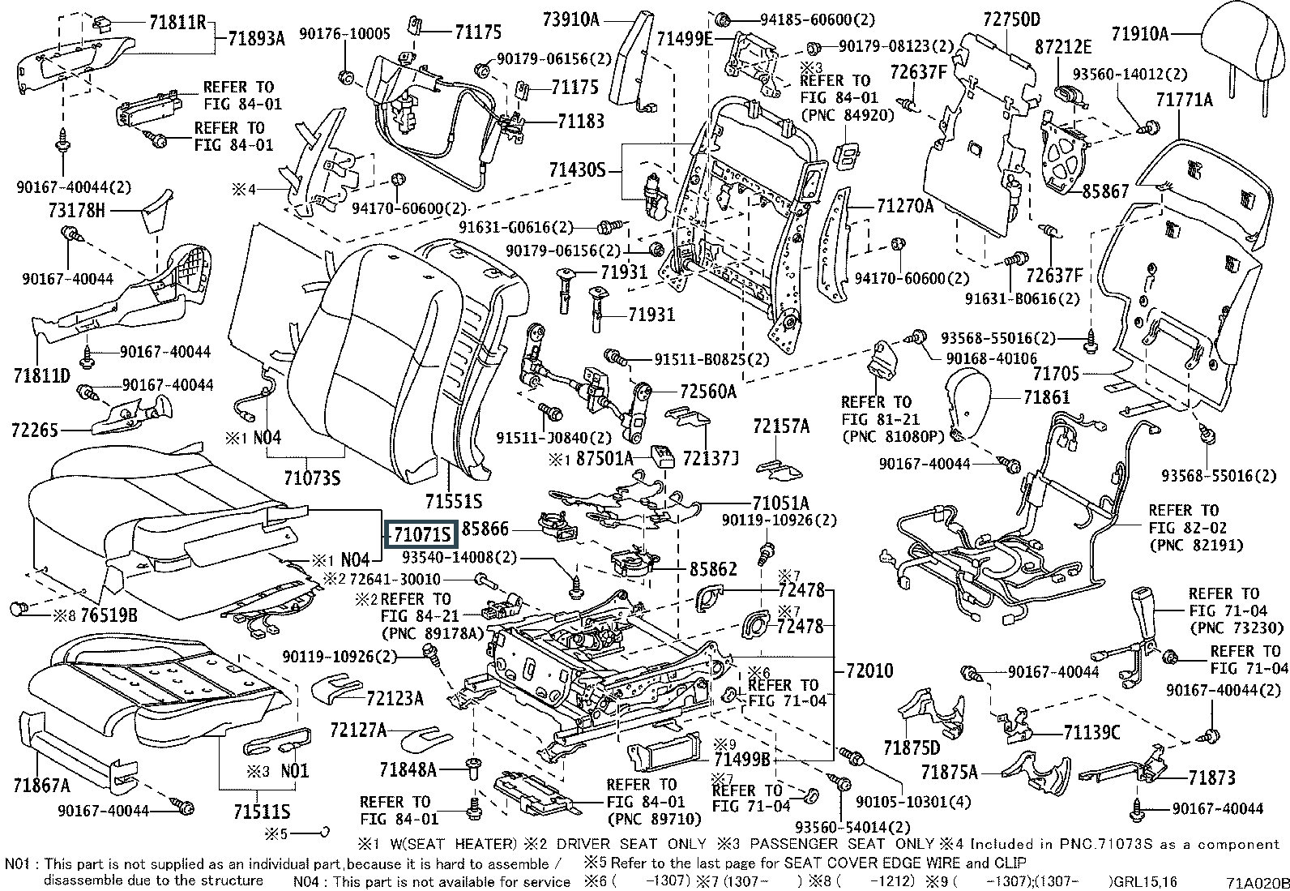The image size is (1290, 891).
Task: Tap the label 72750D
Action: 1011,18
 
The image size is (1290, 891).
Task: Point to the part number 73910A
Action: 571,18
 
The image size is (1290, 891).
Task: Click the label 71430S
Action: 577,170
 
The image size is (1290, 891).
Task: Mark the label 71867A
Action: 41,784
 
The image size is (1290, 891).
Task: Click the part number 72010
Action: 869,670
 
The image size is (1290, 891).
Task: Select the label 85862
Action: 713,568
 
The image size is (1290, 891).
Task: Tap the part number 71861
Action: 1046,397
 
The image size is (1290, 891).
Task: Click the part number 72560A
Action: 708,392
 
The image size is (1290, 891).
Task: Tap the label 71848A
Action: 408,768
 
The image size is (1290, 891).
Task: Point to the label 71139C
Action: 1091,733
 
